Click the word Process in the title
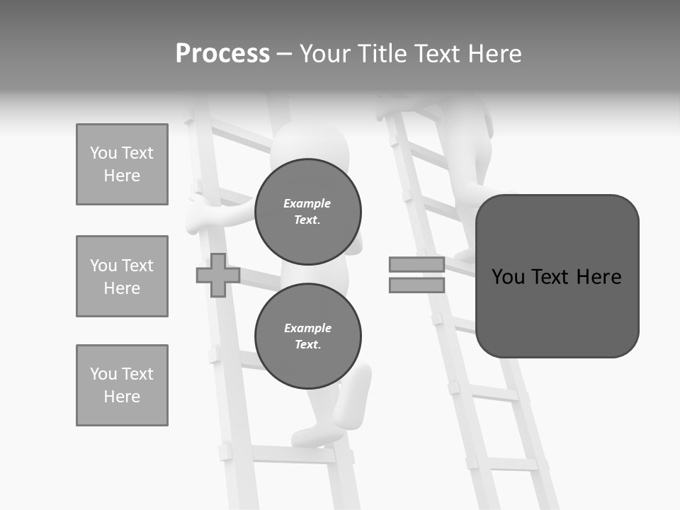[222, 54]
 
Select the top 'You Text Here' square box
[122, 164]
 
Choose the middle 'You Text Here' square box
[122, 276]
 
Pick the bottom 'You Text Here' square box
[122, 385]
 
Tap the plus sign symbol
[218, 275]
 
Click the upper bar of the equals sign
[416, 264]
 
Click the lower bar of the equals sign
[416, 285]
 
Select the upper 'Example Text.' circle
[307, 211]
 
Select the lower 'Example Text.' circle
[307, 336]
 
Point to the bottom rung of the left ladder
[290, 453]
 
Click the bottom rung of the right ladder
[506, 464]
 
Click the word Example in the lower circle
[307, 328]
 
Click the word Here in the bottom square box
[122, 397]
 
